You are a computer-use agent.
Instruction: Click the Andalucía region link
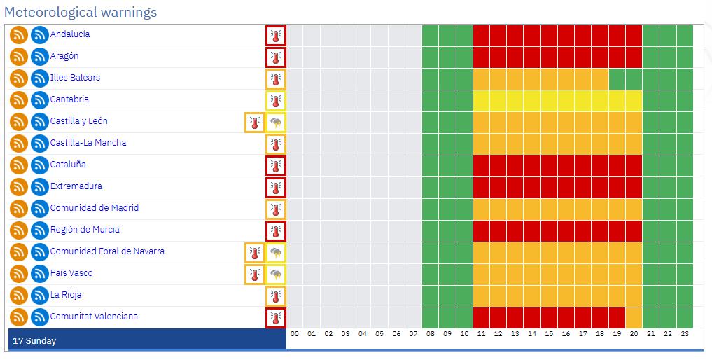click(x=69, y=34)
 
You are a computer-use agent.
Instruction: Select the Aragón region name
click(x=64, y=56)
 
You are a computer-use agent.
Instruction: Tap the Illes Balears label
click(x=74, y=78)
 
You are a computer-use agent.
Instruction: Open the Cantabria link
click(x=69, y=99)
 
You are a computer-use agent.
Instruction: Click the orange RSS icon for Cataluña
click(x=18, y=165)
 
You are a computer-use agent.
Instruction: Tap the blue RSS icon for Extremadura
click(x=39, y=187)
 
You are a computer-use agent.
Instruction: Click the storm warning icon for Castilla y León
click(x=276, y=123)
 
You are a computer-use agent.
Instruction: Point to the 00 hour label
click(x=295, y=334)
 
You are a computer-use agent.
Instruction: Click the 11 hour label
click(x=481, y=334)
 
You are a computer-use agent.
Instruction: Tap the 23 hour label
click(x=685, y=334)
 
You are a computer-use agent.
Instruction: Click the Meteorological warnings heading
click(x=81, y=12)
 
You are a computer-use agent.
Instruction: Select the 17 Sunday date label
click(x=34, y=341)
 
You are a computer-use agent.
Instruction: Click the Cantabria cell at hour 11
click(x=481, y=100)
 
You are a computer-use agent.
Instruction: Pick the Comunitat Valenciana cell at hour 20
click(x=634, y=317)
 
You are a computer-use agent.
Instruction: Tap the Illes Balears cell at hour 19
click(x=617, y=78)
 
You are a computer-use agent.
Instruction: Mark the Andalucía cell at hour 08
click(x=430, y=35)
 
